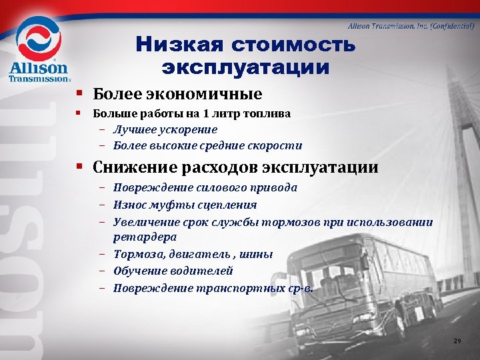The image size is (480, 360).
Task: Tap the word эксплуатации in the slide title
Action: [x=245, y=67]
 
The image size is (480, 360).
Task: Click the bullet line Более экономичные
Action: [x=177, y=94]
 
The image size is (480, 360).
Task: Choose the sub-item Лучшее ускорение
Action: [x=165, y=129]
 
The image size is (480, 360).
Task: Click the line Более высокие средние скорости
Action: [x=207, y=145]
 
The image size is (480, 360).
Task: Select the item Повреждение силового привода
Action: [x=205, y=188]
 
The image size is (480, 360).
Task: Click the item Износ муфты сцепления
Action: [x=185, y=205]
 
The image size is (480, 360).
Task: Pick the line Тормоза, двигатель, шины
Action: [x=193, y=254]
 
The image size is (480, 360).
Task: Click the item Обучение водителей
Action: [x=173, y=271]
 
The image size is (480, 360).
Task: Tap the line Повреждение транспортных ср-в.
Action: [x=213, y=288]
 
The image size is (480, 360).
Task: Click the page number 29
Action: [x=457, y=341]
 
